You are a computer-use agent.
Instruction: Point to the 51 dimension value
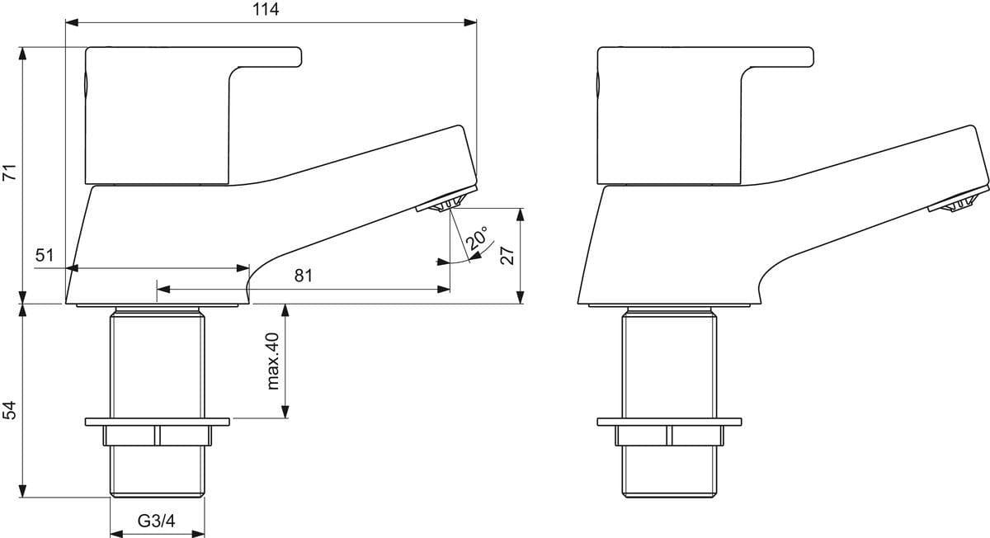tap(45, 256)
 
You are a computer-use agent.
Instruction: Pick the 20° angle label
tap(476, 241)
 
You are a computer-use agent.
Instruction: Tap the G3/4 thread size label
tap(156, 521)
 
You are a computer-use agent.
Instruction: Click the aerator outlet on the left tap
tap(446, 203)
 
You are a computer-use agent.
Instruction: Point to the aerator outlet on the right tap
tap(958, 203)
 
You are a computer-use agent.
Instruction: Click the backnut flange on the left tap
tap(156, 423)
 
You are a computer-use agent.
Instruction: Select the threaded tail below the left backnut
tap(157, 470)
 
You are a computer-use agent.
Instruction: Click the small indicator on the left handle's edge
tap(87, 85)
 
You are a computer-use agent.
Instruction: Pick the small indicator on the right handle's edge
tap(598, 85)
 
